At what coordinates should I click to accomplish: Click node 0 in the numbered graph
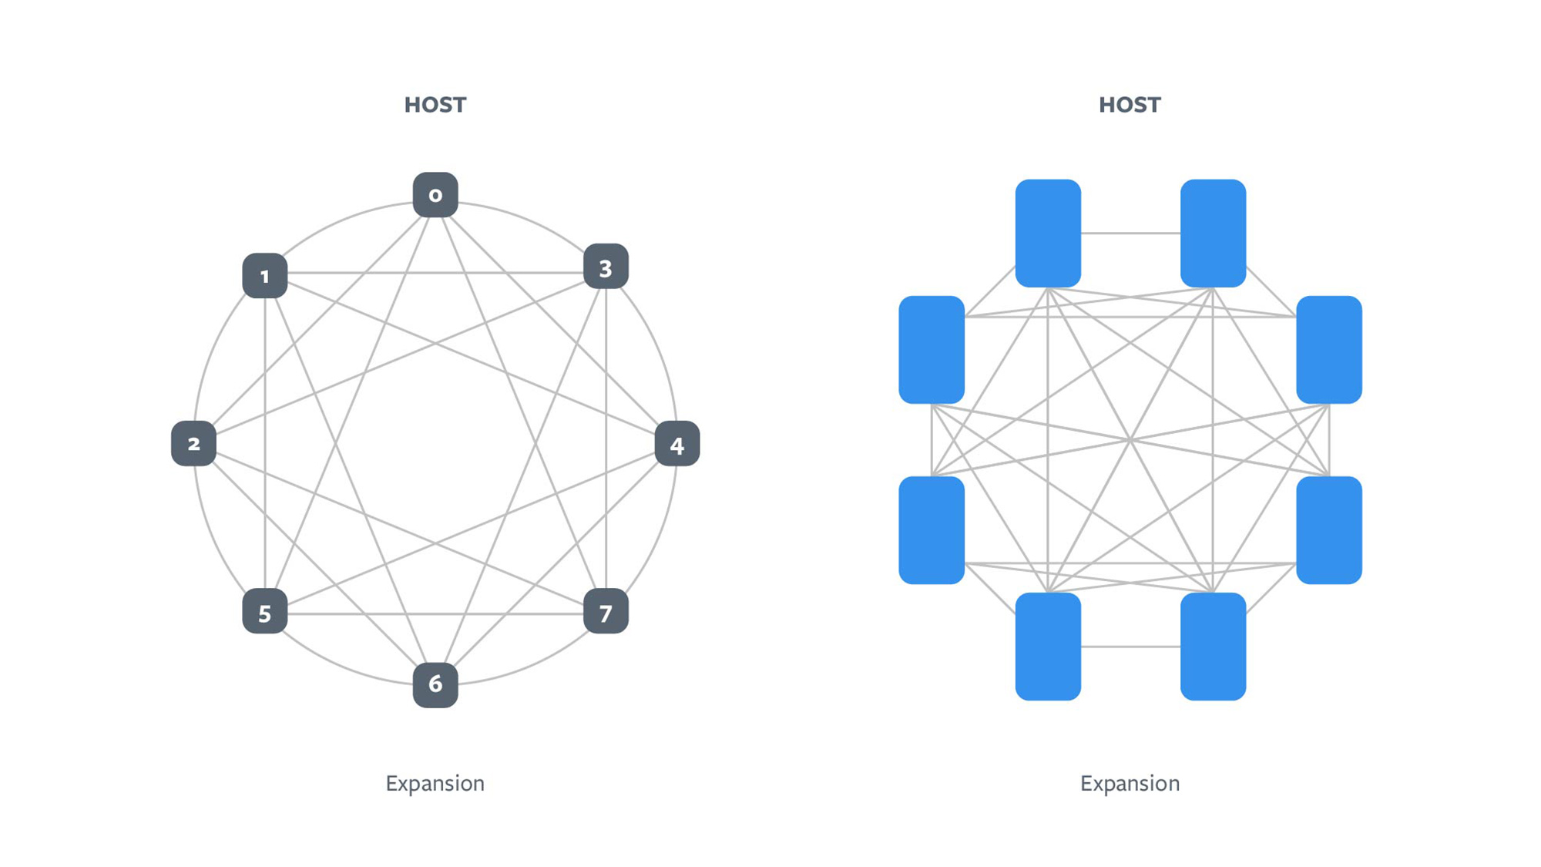(x=435, y=195)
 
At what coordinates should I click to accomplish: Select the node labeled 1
(x=265, y=276)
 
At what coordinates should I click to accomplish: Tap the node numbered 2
(x=193, y=444)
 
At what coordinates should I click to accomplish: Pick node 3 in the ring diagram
(x=606, y=267)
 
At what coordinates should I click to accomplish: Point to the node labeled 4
(x=677, y=444)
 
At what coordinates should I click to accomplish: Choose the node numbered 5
(x=265, y=612)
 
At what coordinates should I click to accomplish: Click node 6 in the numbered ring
(x=435, y=684)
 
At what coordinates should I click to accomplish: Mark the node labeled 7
(x=606, y=612)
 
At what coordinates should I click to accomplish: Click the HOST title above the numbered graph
(x=435, y=105)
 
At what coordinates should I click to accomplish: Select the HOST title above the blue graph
(x=1130, y=105)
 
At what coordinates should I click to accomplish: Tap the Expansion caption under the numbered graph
(x=435, y=783)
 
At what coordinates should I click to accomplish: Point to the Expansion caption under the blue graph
(x=1130, y=783)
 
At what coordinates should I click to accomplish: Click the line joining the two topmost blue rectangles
(x=1130, y=233)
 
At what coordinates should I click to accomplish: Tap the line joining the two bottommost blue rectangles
(x=1130, y=647)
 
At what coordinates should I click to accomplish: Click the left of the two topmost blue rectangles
(x=1048, y=233)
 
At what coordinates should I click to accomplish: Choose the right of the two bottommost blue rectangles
(x=1213, y=647)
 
